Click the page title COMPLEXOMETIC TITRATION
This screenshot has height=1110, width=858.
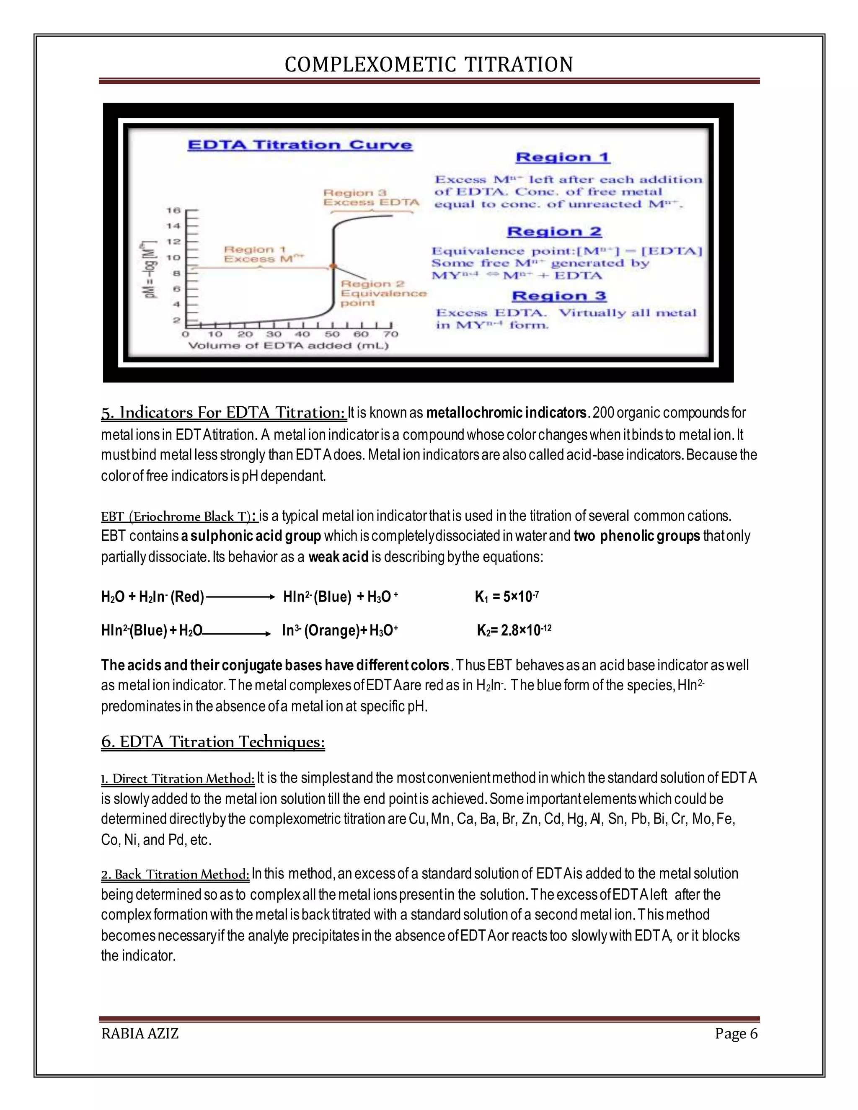[429, 65]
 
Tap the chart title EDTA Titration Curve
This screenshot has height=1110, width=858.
[300, 145]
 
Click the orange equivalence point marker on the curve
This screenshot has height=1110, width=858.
[333, 266]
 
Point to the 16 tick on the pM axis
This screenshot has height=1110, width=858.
[174, 210]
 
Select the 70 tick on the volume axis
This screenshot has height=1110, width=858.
[391, 334]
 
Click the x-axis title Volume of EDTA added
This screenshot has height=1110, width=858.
[288, 346]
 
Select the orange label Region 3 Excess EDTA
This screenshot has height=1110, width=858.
[371, 198]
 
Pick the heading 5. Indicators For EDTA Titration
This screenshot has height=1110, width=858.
[224, 412]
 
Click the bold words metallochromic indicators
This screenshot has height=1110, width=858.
[506, 413]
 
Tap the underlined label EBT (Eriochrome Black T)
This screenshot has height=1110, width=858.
[179, 517]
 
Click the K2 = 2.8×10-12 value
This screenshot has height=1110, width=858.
[514, 631]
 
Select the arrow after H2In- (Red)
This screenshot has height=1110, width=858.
[240, 598]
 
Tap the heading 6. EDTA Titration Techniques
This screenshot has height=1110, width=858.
[213, 742]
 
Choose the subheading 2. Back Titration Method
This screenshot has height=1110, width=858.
[175, 874]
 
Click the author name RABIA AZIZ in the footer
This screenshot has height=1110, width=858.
[140, 1034]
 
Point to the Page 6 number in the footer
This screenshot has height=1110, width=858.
[736, 1034]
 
